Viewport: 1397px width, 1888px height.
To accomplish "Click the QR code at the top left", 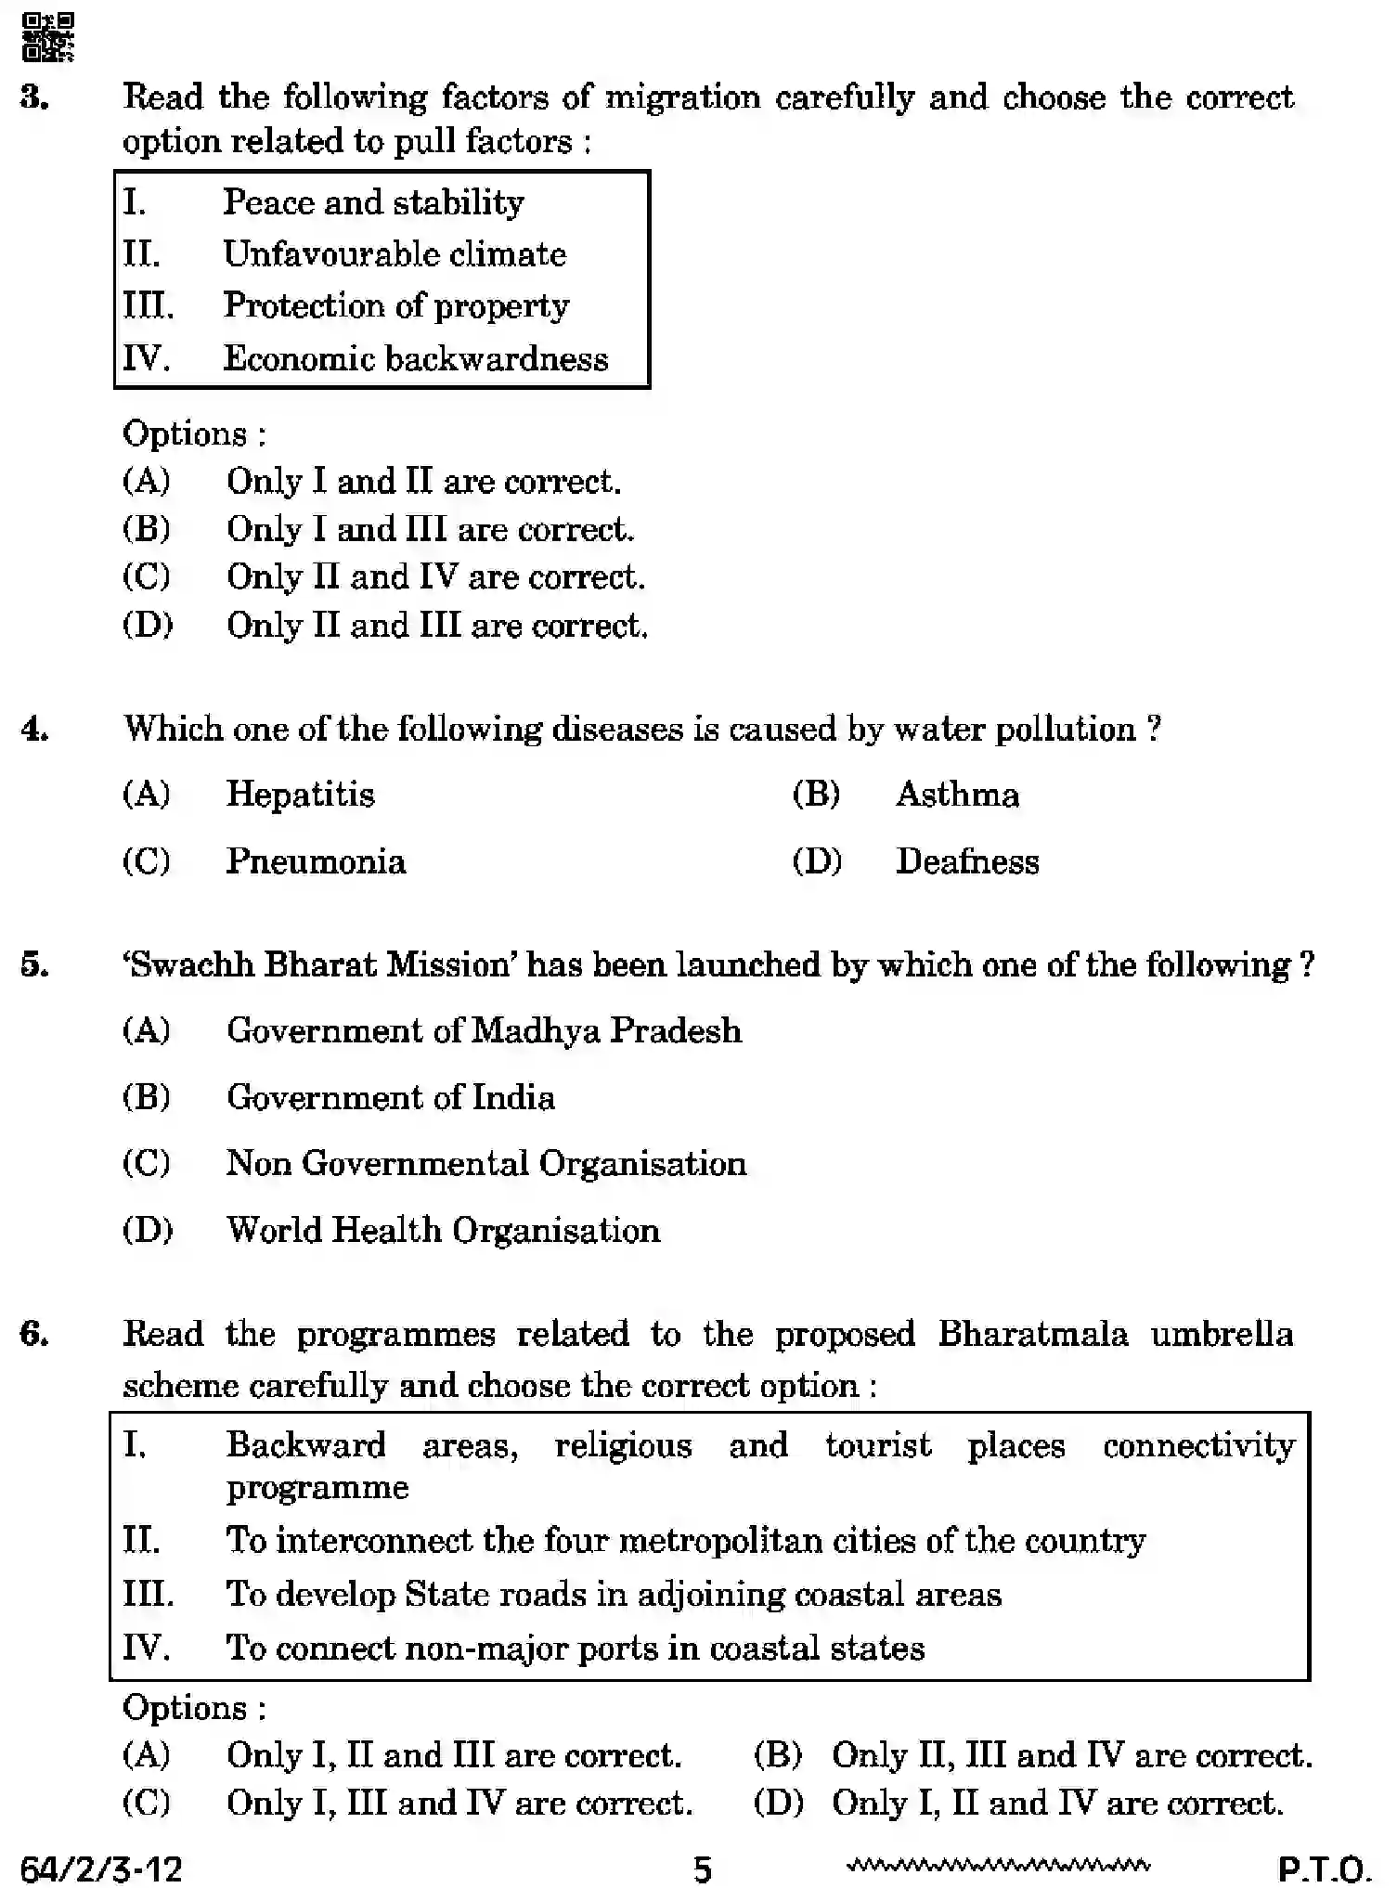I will (47, 37).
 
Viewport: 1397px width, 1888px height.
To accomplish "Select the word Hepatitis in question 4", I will (300, 795).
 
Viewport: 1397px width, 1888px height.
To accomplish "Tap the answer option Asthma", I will (957, 795).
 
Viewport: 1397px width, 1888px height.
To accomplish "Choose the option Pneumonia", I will (316, 861).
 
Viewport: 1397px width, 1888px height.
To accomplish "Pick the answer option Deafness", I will (966, 861).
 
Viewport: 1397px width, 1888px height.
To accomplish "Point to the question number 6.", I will (34, 1334).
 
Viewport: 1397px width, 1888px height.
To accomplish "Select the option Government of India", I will (390, 1097).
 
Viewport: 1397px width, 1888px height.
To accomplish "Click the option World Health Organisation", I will (443, 1230).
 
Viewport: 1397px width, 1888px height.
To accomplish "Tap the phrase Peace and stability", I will (373, 202).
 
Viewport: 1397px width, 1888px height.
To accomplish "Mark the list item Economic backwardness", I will (415, 358).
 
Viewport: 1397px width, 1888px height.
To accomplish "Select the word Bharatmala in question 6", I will (1032, 1334).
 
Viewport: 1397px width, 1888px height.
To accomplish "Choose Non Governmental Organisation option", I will (485, 1163).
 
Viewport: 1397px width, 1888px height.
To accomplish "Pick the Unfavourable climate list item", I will (395, 254).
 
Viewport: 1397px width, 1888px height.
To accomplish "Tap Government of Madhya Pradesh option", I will (484, 1030).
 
